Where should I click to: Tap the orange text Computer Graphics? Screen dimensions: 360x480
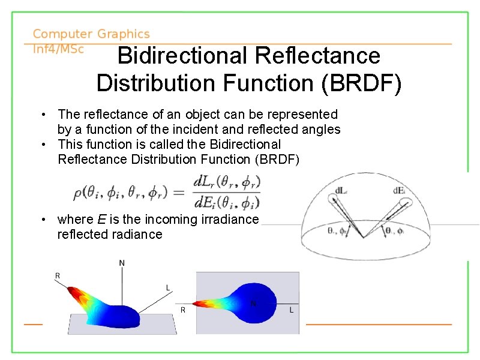tap(91, 35)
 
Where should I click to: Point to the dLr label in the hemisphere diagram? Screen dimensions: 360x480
tap(340, 191)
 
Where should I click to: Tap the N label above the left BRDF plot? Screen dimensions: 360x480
tap(122, 262)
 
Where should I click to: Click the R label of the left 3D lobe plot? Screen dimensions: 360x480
tap(58, 275)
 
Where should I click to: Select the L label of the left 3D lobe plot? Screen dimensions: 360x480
tap(169, 289)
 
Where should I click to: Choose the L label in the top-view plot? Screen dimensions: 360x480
tap(292, 310)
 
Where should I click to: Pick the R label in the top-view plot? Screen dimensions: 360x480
tap(183, 310)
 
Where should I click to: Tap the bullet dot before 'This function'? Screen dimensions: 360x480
tap(44, 144)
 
